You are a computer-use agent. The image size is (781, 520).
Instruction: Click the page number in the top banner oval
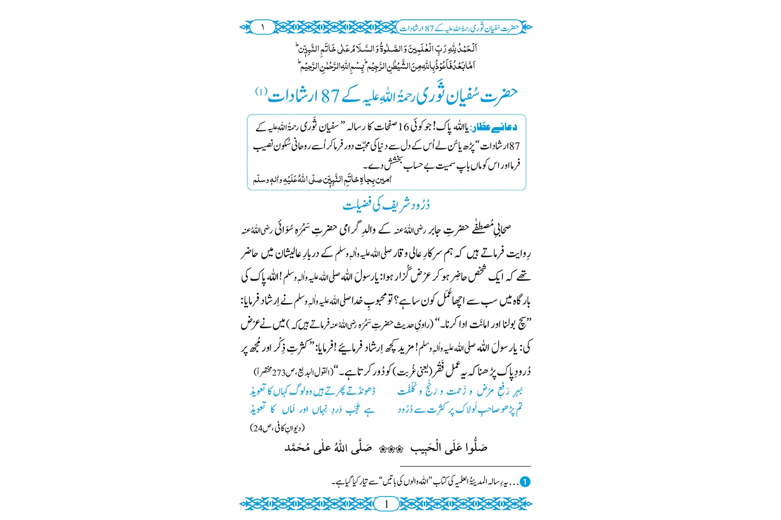[263, 27]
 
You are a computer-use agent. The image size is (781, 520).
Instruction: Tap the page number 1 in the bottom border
[386, 504]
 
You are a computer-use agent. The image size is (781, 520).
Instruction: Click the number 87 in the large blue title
[330, 96]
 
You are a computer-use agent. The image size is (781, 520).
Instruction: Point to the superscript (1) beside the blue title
[261, 92]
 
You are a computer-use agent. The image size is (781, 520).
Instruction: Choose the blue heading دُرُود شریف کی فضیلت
[386, 205]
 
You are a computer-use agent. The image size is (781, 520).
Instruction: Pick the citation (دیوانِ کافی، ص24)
[278, 428]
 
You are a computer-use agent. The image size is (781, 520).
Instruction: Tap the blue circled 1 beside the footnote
[525, 482]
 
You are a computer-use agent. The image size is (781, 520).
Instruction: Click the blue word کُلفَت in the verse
[408, 391]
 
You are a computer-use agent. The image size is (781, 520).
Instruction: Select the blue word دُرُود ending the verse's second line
[408, 410]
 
